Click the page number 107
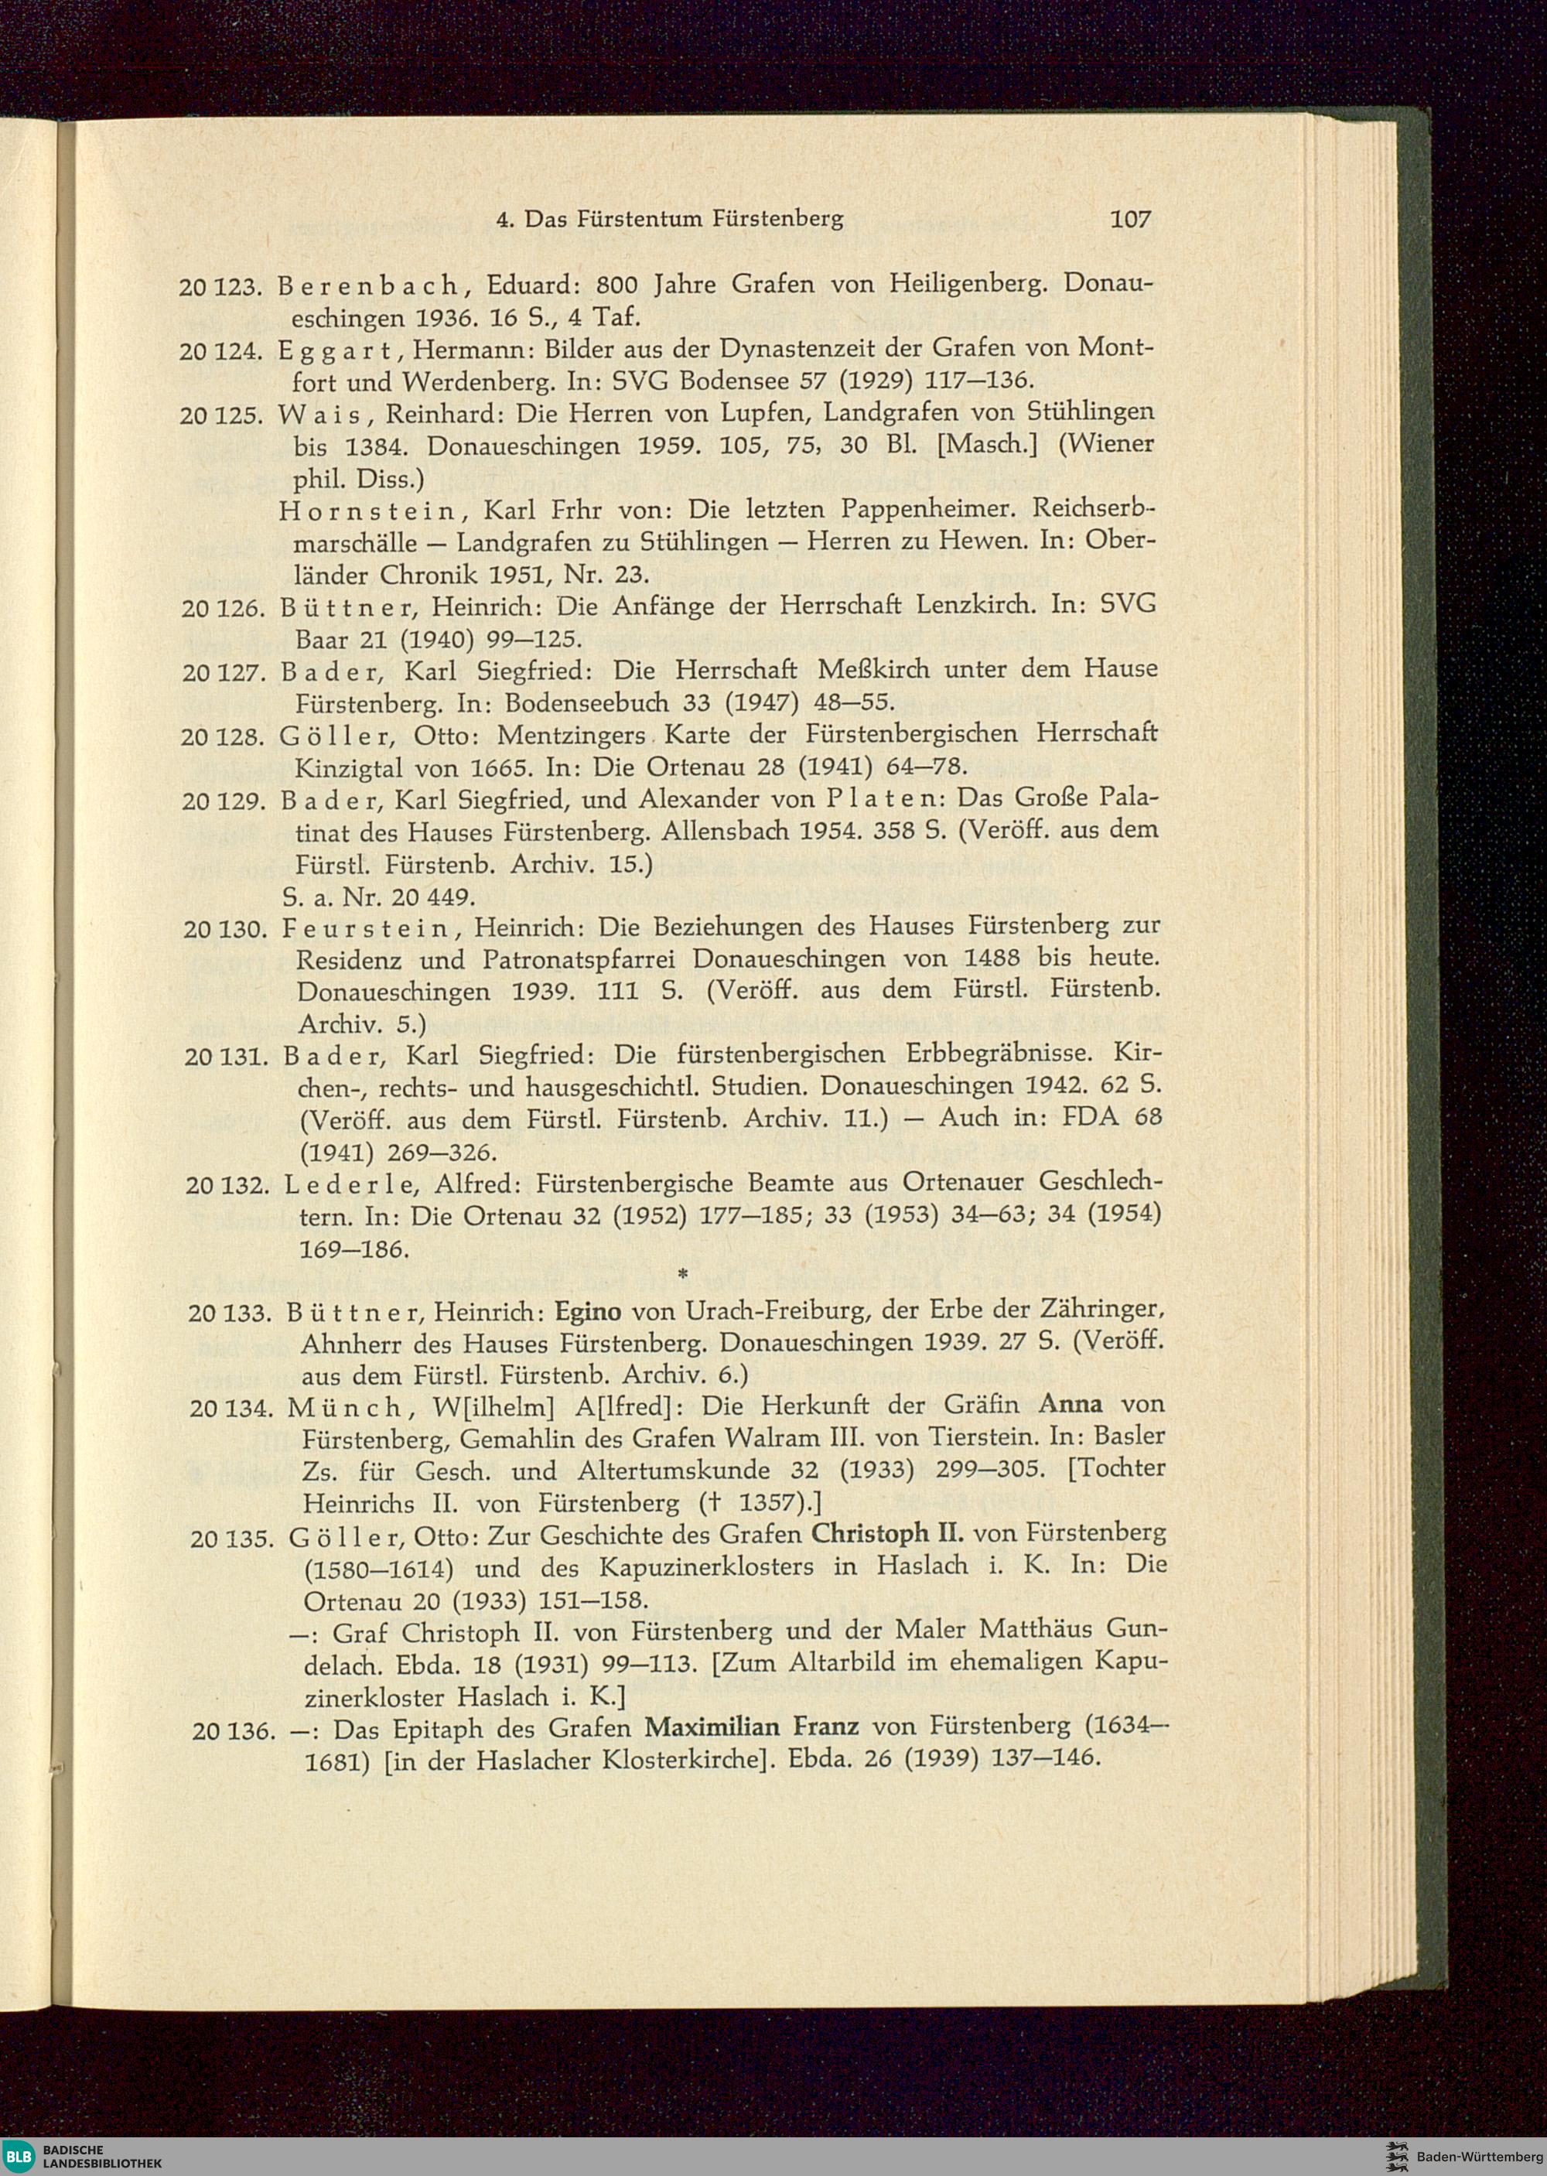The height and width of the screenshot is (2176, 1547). pos(1130,219)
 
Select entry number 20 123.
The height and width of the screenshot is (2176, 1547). pos(220,285)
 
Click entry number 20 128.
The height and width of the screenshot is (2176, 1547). pos(222,736)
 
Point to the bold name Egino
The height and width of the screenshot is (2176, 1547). pos(588,1313)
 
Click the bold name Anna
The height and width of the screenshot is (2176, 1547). pos(1070,1404)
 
